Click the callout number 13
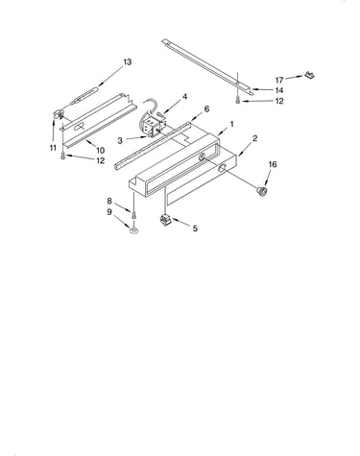point(128,61)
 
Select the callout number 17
point(279,80)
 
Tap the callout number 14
point(279,90)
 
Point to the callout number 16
point(273,164)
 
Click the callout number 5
point(195,228)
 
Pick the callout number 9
point(109,212)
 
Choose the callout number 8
point(109,201)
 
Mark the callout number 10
point(100,150)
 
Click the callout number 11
point(53,148)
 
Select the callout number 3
point(120,140)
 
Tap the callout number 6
point(206,109)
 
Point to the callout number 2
point(254,138)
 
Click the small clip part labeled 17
point(309,75)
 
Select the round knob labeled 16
point(262,191)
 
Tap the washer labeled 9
point(133,229)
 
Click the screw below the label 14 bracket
point(237,100)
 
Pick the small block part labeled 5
point(165,221)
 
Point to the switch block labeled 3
point(152,127)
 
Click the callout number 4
point(184,97)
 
